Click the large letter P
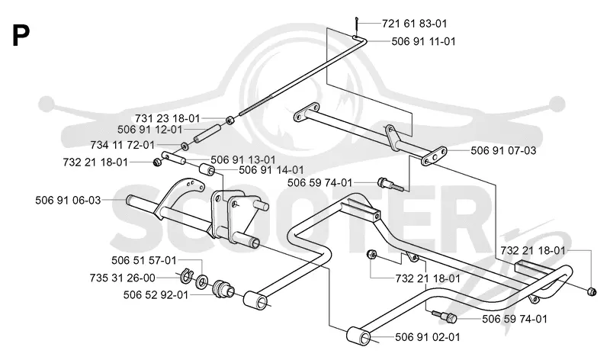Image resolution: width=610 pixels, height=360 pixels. coord(21,35)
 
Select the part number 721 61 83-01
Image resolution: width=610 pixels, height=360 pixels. coord(414,24)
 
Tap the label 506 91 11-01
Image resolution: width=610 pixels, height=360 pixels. coord(423,41)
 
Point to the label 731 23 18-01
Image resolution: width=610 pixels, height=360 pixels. coord(167,118)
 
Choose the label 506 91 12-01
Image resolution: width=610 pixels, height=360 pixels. coord(149,130)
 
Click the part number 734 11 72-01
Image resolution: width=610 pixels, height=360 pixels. coord(123,145)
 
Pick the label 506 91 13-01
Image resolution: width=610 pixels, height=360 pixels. coord(243,160)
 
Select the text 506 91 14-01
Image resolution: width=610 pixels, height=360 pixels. coord(271,170)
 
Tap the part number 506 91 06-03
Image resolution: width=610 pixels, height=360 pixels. coord(68,201)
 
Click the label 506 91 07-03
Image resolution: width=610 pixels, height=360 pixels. coord(503,150)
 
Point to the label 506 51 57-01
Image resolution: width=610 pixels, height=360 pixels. coord(144,260)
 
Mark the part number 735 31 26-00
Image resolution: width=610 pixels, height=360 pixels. coord(123,278)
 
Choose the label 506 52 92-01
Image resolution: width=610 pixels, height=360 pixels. coord(156,295)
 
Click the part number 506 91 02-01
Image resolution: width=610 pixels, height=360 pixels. coord(428,337)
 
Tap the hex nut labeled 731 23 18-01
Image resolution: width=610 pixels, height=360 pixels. coord(230,120)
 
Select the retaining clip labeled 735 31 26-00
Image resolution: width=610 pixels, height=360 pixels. coord(186,275)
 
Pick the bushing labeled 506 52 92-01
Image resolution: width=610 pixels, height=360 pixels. coord(223,289)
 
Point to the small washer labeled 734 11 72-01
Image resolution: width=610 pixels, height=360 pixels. coord(185,146)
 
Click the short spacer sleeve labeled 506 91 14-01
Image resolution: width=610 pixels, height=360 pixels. coord(207,170)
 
